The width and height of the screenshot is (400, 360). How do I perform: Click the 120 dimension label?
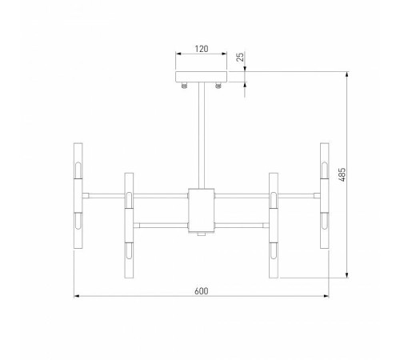(x=201, y=49)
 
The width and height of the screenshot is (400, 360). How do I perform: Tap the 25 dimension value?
(x=240, y=58)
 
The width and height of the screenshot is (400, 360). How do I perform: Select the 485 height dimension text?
(x=342, y=174)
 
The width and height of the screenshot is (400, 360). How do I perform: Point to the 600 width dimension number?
(x=201, y=290)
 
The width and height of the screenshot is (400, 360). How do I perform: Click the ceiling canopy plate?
(x=201, y=77)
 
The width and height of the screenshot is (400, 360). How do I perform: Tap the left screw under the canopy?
(x=185, y=85)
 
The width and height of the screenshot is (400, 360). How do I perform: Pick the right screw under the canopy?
(x=218, y=85)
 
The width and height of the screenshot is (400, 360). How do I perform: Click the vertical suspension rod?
(x=201, y=136)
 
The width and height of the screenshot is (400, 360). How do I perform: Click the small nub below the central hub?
(x=201, y=234)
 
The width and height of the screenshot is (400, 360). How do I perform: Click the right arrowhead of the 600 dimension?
(x=326, y=297)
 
